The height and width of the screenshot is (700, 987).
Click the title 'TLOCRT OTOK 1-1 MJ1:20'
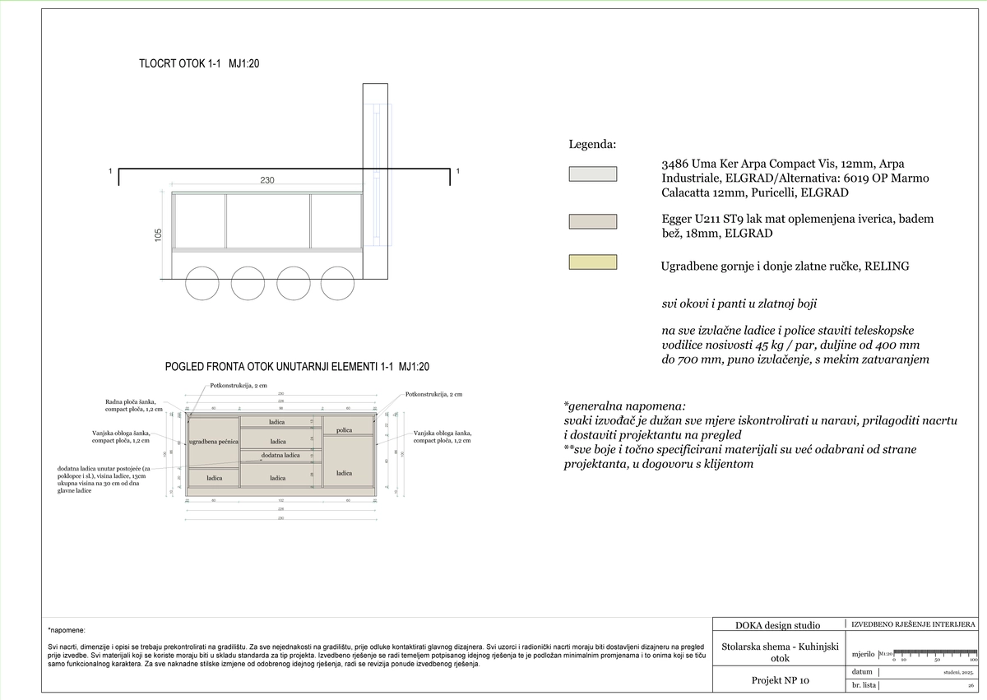coord(200,63)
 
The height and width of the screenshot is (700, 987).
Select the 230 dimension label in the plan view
coord(267,180)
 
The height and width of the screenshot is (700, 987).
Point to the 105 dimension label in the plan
coord(159,235)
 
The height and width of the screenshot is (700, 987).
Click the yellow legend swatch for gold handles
coord(592,262)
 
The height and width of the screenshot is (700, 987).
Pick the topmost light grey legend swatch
coord(592,174)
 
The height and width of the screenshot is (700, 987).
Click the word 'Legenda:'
coord(592,144)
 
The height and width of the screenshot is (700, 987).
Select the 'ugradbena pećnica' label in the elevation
coord(214,442)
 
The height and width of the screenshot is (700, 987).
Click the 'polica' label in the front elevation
coord(344,430)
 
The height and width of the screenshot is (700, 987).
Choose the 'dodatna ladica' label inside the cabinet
coord(280,456)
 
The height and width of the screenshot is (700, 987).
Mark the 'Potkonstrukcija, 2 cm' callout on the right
coord(433,395)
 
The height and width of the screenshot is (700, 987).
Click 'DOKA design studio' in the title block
coord(777,624)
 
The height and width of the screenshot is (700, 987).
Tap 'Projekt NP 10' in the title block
coord(781,680)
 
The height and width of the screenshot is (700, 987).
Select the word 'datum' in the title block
coord(862,672)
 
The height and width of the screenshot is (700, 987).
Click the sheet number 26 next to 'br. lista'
coord(971,685)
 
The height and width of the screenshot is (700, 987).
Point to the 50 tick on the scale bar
coord(936,660)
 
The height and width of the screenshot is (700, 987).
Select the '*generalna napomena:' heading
coord(624,406)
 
